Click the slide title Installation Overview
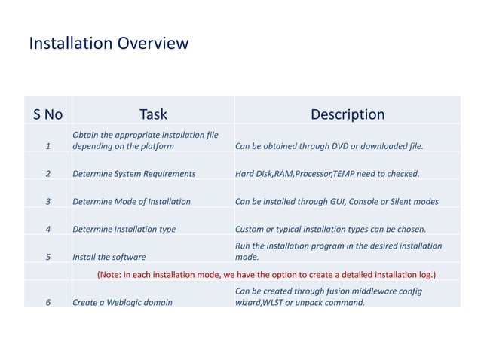[108, 44]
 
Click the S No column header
[48, 114]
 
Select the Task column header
[153, 114]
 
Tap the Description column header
[348, 114]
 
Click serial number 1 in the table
[48, 146]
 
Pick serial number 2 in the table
[48, 174]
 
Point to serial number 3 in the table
[48, 202]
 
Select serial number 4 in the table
[48, 229]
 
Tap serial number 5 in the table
[48, 257]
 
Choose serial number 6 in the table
[48, 303]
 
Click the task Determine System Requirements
[133, 174]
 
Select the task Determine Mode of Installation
[131, 202]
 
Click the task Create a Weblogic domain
[121, 303]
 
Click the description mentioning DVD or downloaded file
[329, 146]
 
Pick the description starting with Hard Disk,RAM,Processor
[327, 174]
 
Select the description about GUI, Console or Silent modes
[336, 202]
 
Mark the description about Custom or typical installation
[330, 229]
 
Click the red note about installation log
[267, 274]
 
